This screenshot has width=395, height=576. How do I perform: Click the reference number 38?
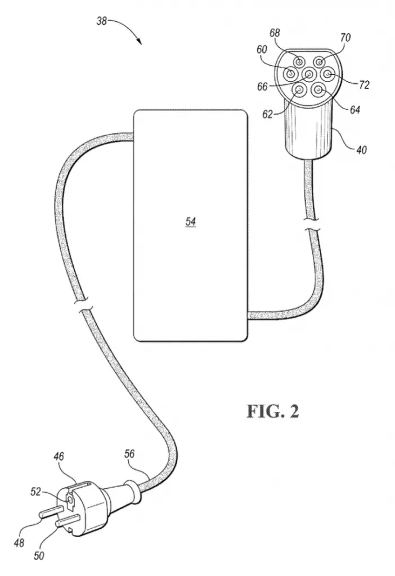coord(101,21)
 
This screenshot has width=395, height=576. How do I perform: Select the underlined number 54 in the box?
coord(191,222)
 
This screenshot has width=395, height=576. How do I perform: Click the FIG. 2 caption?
coord(273,411)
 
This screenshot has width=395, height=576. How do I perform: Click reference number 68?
coord(275,33)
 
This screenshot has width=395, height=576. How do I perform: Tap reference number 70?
coord(345,38)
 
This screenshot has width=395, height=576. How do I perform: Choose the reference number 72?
coord(363,85)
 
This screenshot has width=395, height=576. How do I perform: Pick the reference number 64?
coord(354,110)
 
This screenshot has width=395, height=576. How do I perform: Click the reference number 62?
coord(267,114)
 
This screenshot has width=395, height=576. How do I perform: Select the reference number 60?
coord(262,49)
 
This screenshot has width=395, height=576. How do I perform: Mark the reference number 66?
coord(262,87)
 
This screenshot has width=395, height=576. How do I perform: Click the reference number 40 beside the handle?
coord(361,150)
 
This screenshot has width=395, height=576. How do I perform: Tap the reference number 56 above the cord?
coord(129,454)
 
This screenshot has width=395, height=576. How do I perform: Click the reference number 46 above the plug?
coord(59,456)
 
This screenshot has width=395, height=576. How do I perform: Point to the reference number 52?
coord(35,492)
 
